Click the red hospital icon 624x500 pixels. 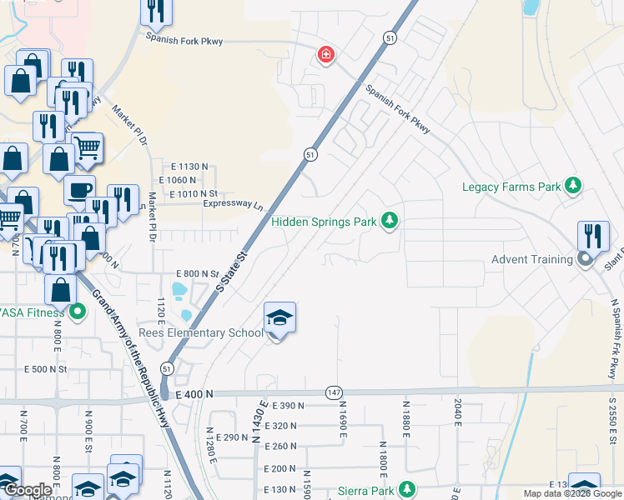pos(325,56)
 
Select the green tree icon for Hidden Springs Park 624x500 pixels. pos(389,221)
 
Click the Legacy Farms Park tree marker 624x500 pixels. pos(573,186)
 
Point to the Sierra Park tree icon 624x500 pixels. pos(406,489)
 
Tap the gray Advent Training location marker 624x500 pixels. pos(585,259)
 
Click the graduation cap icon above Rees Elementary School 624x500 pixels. pos(279,318)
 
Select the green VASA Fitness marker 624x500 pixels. pos(78,312)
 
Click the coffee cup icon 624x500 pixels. pos(79,190)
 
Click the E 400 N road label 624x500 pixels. pos(194,394)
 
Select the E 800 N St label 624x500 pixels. pos(197,273)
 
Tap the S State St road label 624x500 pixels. pos(233,270)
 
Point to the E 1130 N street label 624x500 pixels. pos(182,167)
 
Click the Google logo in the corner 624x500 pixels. pos(28,491)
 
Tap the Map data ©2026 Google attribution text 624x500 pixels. pos(571,493)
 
